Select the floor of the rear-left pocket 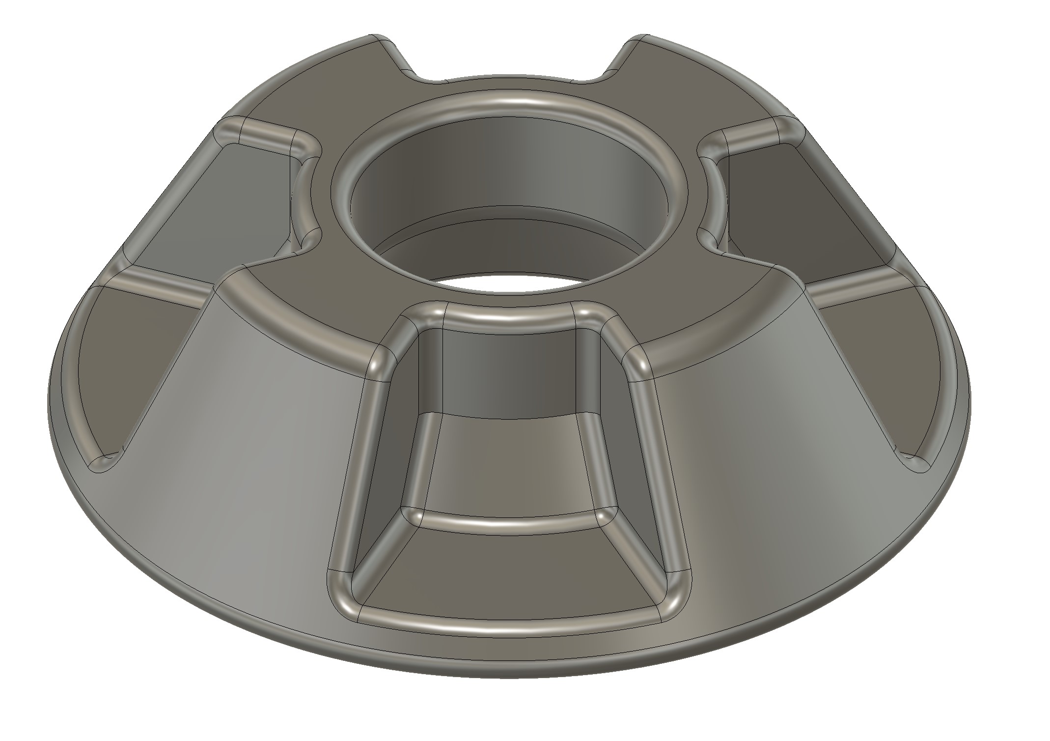click(x=255, y=197)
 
